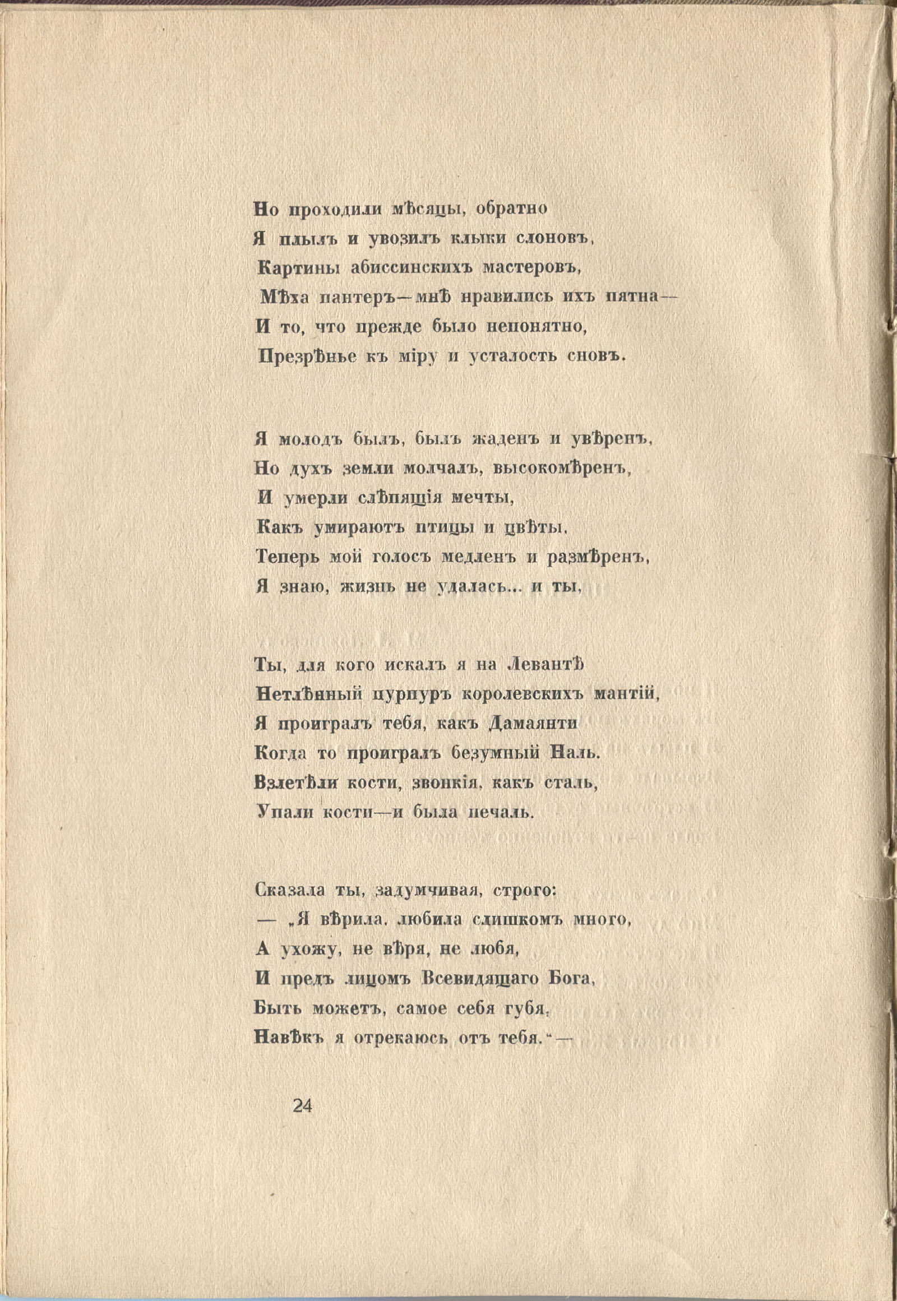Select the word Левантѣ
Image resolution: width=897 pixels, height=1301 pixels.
tap(545, 665)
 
